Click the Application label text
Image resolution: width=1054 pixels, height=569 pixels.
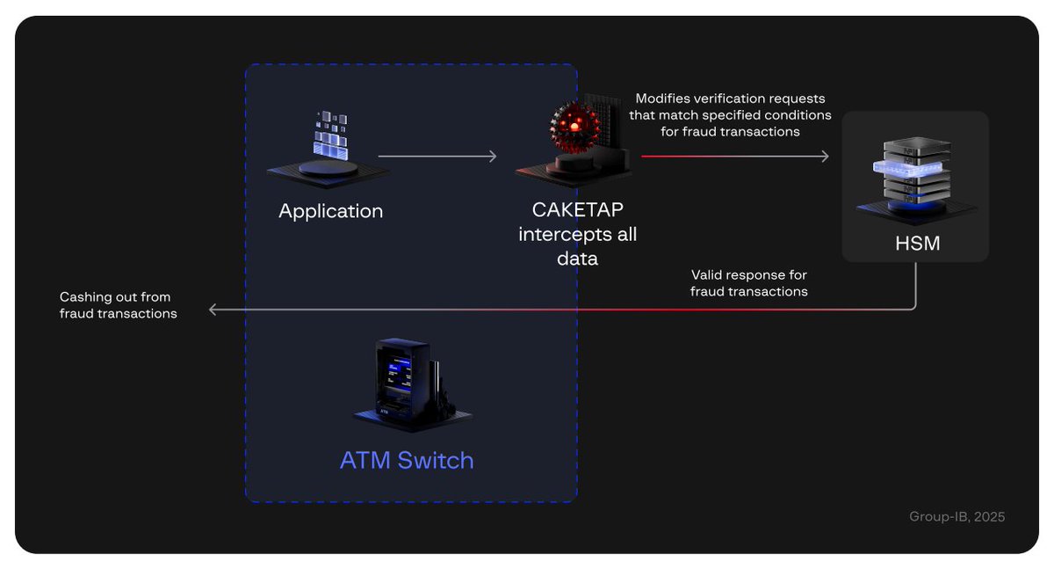pos(330,212)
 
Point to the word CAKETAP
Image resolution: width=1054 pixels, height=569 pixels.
pos(577,212)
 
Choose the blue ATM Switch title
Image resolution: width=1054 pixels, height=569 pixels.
pos(407,460)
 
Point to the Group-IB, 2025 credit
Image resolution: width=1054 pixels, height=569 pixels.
pos(957,517)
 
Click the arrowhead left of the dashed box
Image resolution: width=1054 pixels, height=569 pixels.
pos(213,310)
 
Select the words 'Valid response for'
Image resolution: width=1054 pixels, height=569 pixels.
pos(748,275)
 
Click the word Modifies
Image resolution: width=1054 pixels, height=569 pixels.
pos(665,98)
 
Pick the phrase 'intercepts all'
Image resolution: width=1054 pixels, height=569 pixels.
pos(577,235)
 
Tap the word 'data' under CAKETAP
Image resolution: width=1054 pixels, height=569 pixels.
pos(577,258)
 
